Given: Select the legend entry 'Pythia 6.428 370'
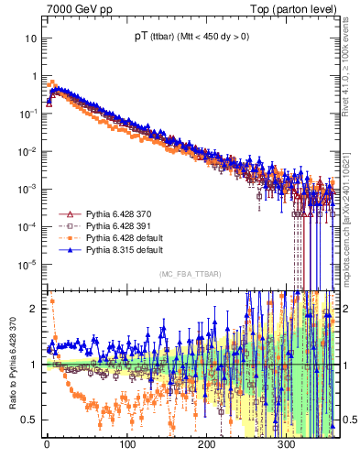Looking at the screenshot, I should pyautogui.click(x=112, y=213).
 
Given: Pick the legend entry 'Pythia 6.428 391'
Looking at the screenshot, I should pyautogui.click(x=112, y=225).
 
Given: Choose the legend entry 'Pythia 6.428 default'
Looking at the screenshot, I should pyautogui.click(x=117, y=237).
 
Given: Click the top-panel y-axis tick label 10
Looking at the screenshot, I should pyautogui.click(x=31, y=39).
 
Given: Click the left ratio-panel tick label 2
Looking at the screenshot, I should pyautogui.click(x=33, y=310).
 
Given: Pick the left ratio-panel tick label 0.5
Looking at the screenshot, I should pyautogui.click(x=29, y=420).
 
